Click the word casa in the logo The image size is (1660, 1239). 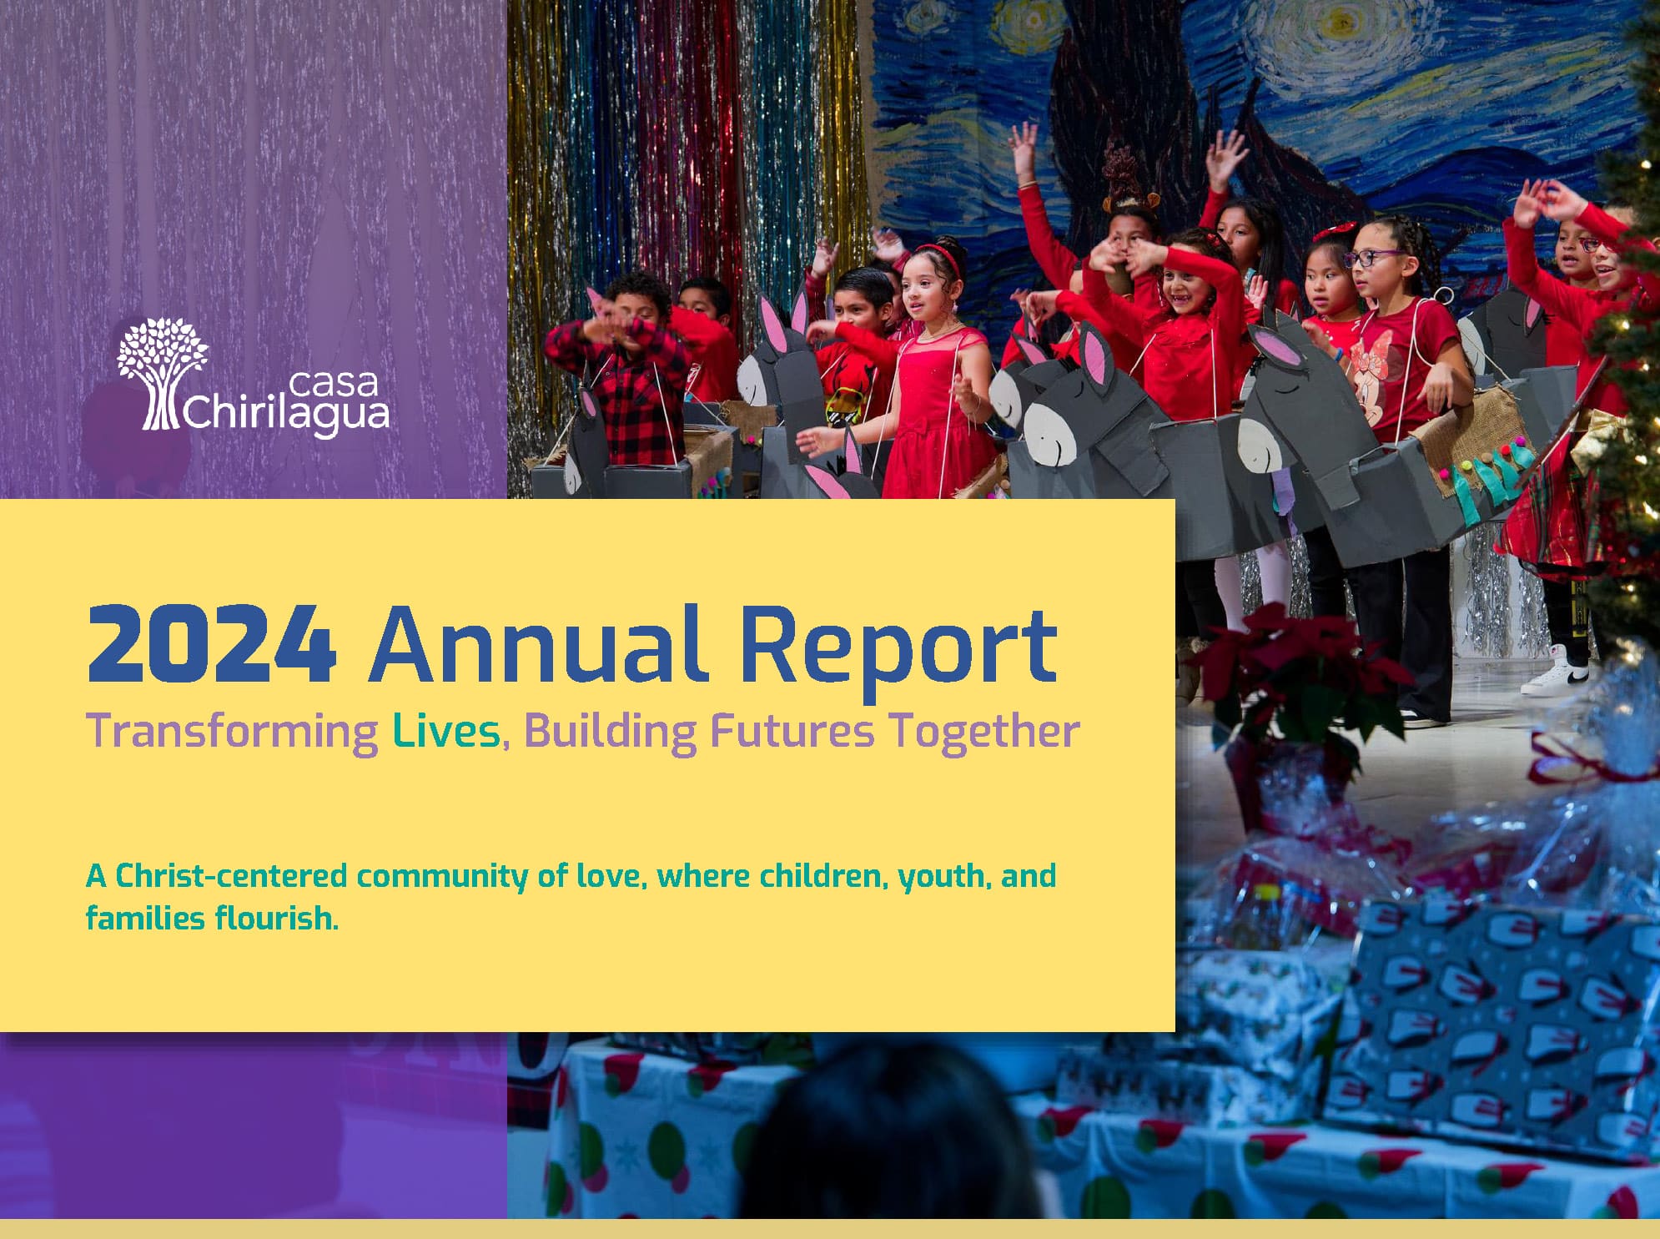[333, 383]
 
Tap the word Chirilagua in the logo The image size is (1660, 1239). [285, 414]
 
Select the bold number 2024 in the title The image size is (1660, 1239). [212, 644]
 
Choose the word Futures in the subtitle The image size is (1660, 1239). [792, 731]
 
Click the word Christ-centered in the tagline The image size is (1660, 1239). [231, 876]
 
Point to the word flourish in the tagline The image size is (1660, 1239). [276, 918]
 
